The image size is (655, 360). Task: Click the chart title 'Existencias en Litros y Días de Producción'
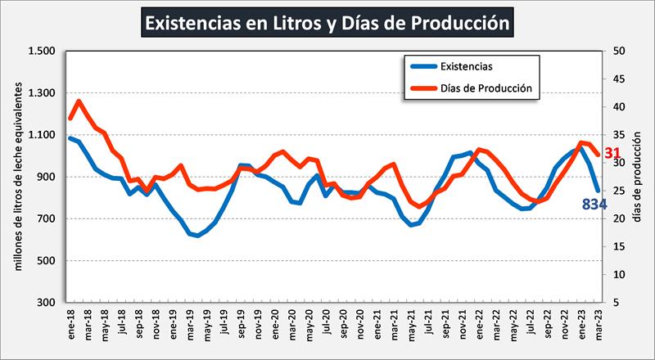coord(327,22)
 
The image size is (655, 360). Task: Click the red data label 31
coord(612,153)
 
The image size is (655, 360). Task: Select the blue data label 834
coord(593,204)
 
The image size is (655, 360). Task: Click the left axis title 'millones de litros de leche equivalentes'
coord(17,177)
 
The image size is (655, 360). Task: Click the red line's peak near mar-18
coord(79,101)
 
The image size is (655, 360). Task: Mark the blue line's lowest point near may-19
coord(197,236)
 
